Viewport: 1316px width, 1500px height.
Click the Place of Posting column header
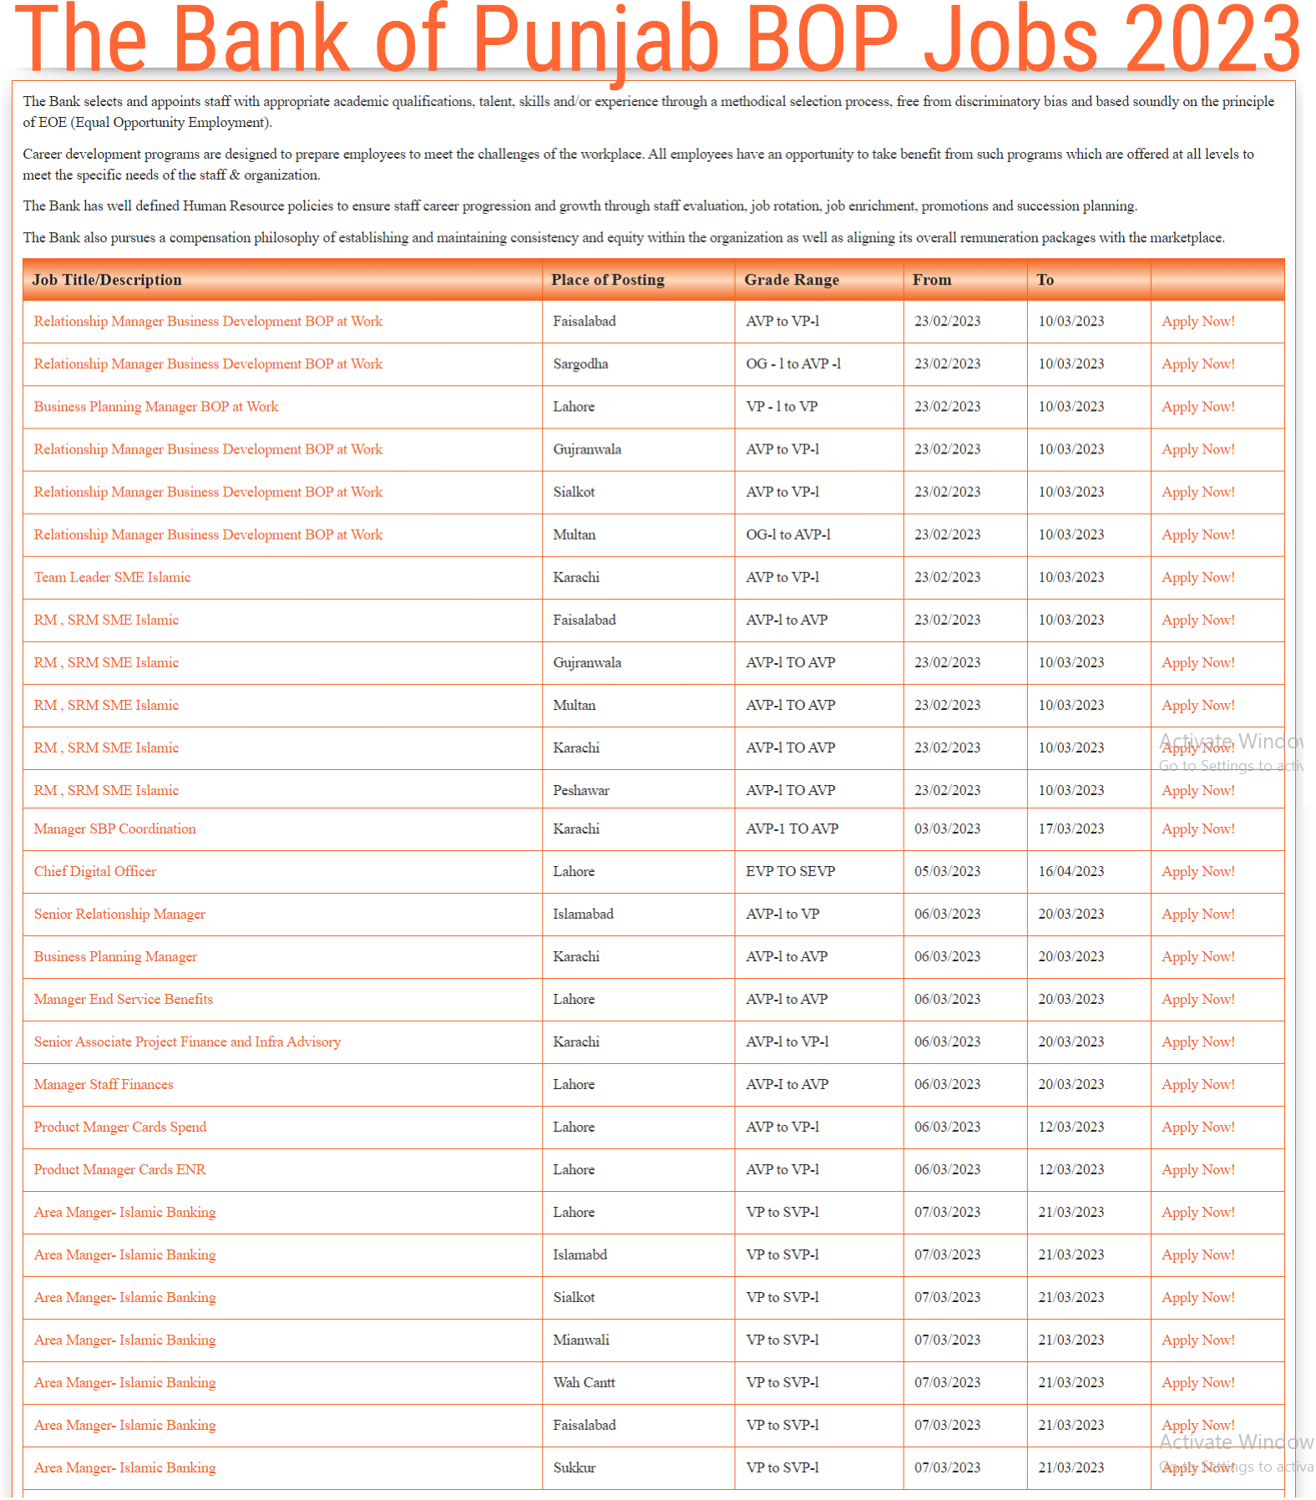607,280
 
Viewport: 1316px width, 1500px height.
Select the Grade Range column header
791,280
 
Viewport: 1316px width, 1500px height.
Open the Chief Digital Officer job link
95,871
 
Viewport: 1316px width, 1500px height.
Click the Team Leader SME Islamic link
112,577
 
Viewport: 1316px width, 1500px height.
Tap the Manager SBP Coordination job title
115,829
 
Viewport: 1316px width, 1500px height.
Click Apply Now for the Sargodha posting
1197,364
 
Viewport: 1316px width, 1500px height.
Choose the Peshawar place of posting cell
580,790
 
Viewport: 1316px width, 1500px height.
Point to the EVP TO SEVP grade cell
790,871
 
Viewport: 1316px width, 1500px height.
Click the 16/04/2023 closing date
1071,871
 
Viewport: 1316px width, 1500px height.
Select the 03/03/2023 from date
947,829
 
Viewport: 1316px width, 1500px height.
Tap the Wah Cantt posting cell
584,1382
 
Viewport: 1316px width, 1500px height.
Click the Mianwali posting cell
580,1340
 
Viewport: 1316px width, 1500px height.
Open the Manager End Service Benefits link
124,999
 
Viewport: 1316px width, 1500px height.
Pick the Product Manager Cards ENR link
119,1169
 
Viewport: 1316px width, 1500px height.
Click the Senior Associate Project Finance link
187,1041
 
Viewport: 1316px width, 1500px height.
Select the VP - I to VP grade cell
782,407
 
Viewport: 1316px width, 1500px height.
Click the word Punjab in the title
595,40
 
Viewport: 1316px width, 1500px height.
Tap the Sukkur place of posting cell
574,1467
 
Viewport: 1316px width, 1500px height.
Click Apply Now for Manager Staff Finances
1197,1084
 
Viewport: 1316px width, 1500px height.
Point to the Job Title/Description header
107,280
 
